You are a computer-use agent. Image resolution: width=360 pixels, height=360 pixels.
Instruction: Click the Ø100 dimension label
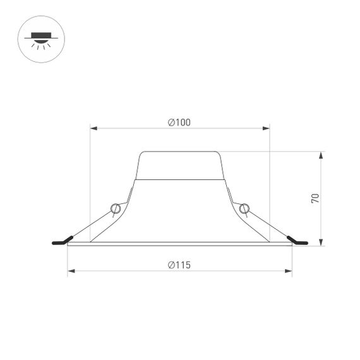tap(179, 123)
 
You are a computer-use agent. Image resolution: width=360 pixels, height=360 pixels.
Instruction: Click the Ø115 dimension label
tap(179, 265)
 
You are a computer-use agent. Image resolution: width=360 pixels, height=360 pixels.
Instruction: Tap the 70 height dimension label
tap(315, 198)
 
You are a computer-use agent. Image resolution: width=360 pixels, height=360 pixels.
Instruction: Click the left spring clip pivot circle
tap(116, 208)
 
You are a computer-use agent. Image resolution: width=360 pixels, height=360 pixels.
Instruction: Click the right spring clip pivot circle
tap(244, 208)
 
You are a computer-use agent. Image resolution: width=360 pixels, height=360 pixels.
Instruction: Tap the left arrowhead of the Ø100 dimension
tap(93, 129)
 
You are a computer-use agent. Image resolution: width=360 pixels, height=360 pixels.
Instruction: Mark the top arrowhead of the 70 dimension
tap(321, 155)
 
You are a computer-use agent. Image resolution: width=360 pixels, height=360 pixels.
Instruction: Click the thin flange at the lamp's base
tap(180, 244)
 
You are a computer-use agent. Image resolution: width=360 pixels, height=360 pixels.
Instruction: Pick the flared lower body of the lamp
tap(180, 212)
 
